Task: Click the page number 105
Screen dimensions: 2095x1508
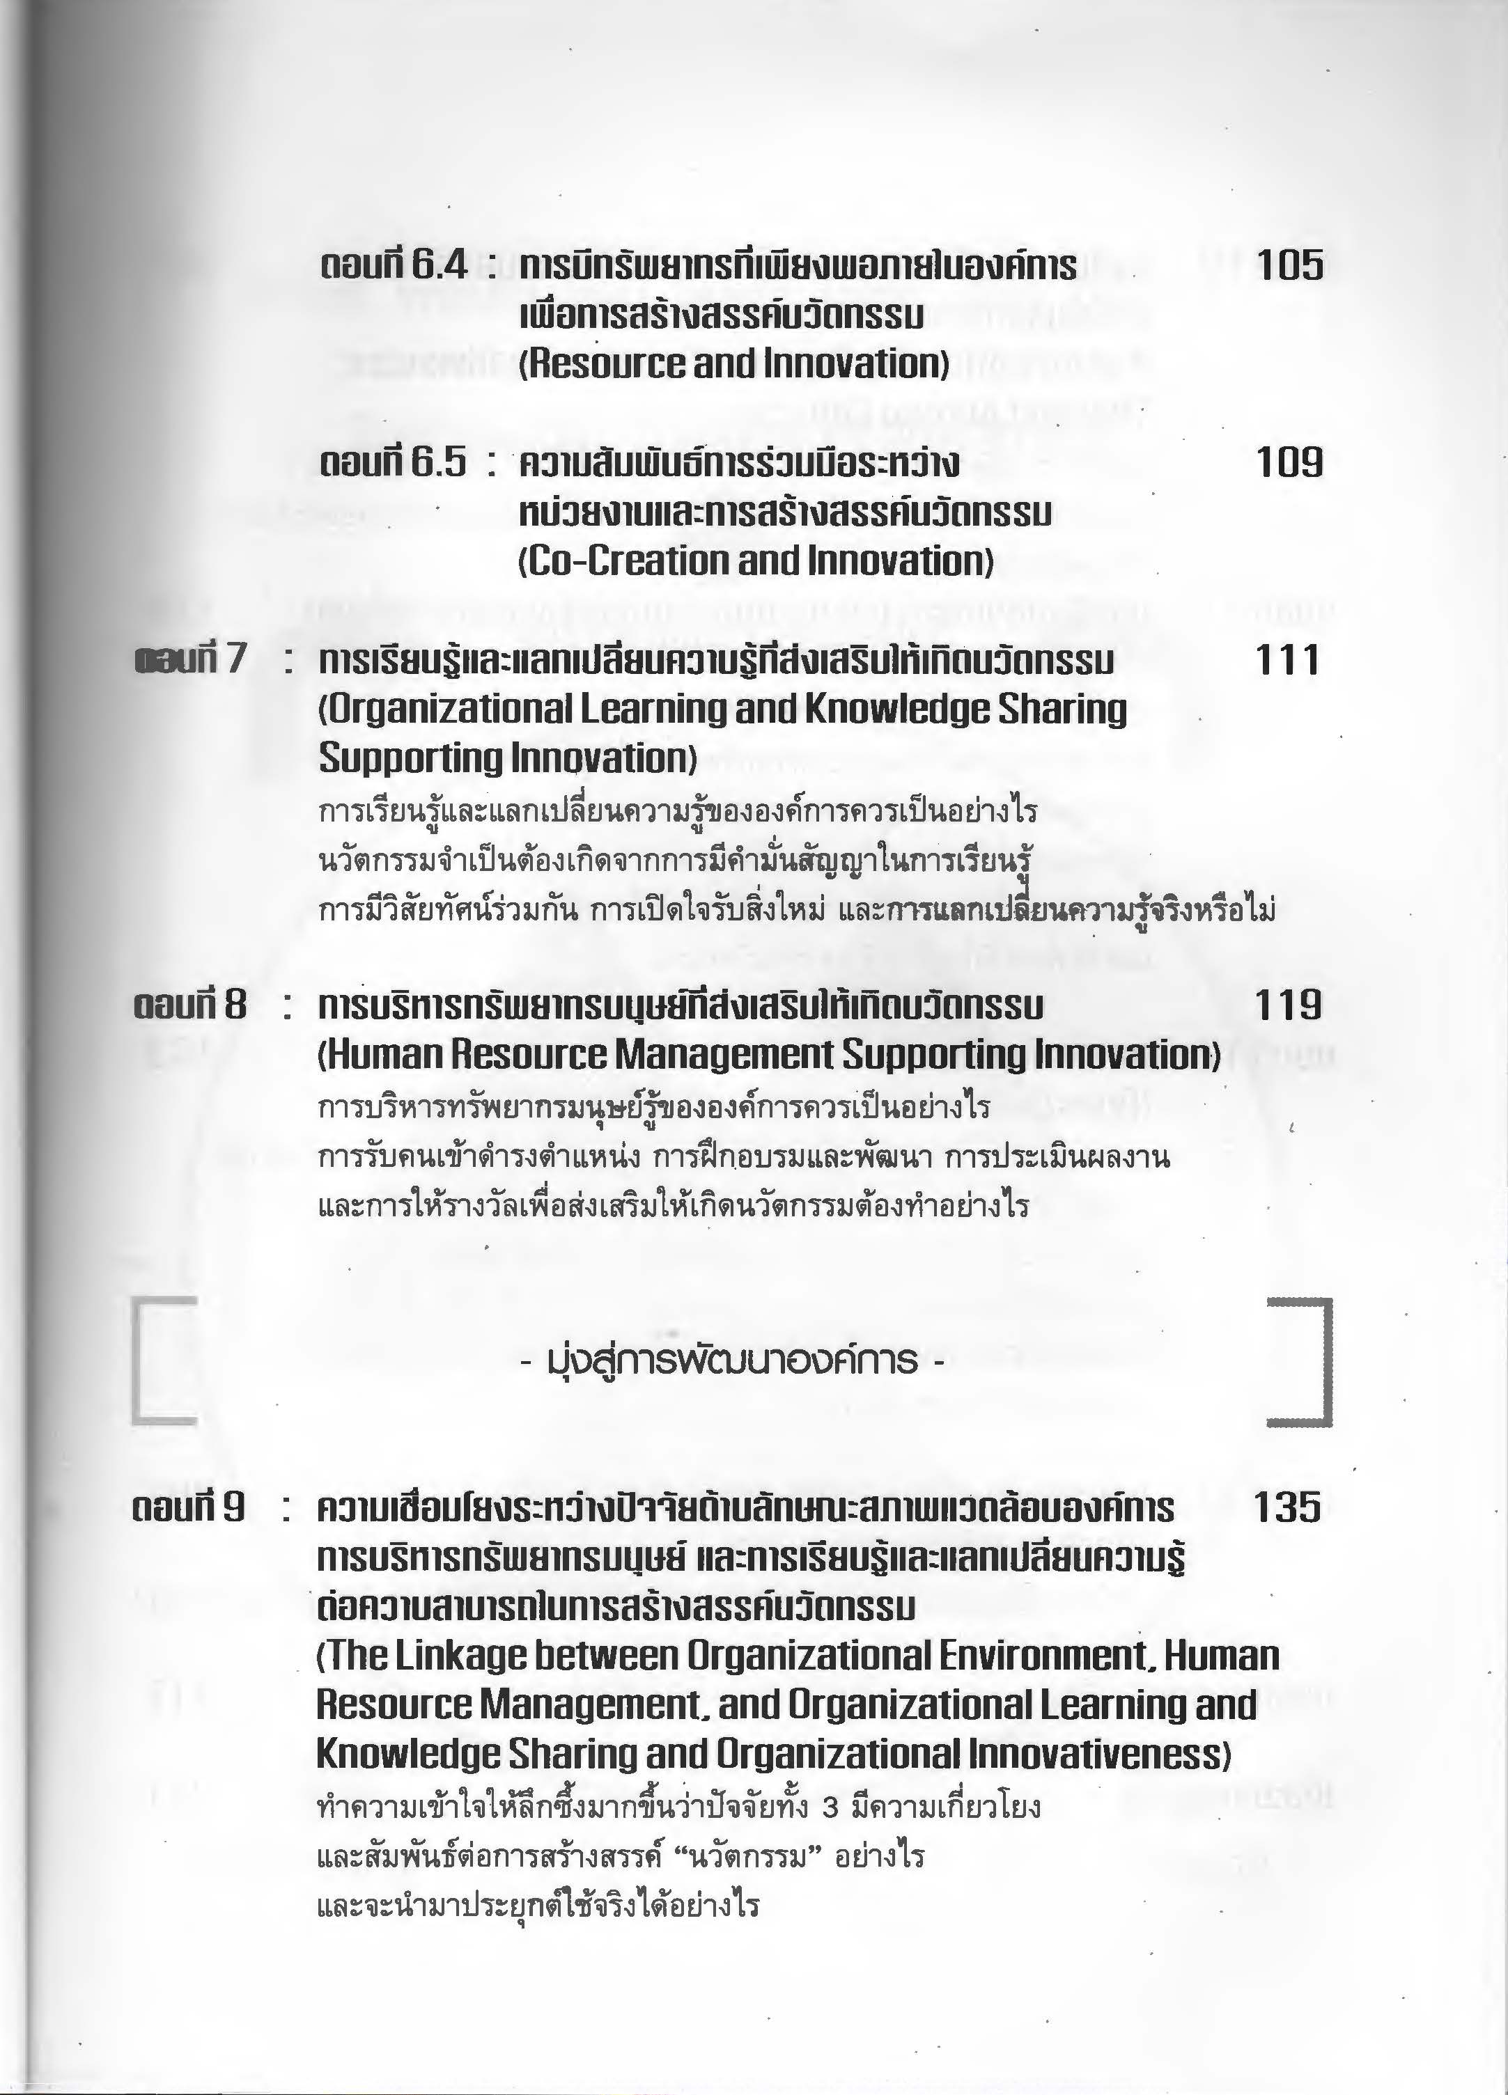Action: (x=1289, y=266)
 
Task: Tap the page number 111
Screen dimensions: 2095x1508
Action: (x=1287, y=661)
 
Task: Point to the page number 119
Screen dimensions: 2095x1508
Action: (x=1288, y=1005)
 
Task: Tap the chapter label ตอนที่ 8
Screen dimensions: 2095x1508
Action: (x=189, y=1005)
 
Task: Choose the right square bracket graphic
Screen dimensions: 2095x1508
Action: (x=1301, y=1363)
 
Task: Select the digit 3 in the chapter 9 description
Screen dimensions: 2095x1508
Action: (x=829, y=1806)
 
